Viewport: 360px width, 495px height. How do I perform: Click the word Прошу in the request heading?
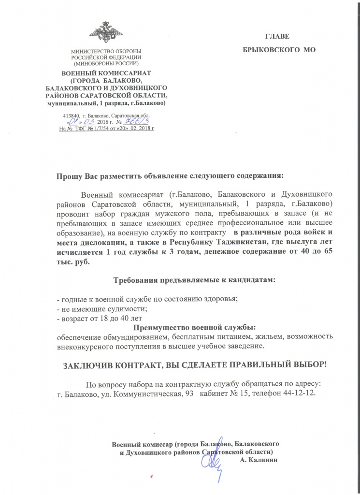(x=70, y=175)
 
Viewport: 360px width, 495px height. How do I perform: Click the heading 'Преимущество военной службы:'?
(x=180, y=327)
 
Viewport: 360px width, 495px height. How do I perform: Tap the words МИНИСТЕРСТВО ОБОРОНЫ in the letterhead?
(x=105, y=51)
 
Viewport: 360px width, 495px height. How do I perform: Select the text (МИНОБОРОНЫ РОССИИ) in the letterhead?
(x=105, y=63)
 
